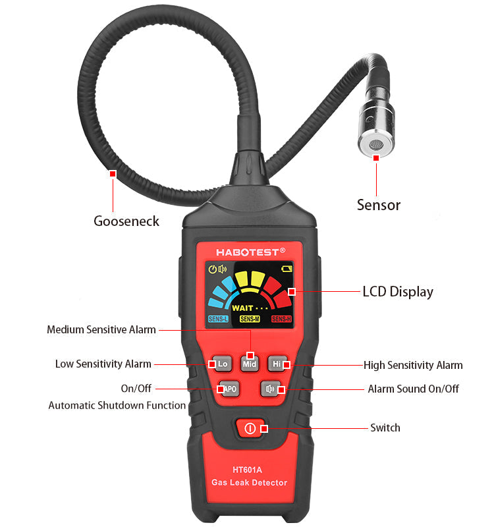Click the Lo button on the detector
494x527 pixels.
223,364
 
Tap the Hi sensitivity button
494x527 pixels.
277,364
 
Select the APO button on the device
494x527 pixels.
229,389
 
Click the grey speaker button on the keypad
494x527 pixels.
271,389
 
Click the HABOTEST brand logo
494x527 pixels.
251,252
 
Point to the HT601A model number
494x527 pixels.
248,470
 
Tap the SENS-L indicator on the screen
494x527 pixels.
218,319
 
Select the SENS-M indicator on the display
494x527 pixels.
250,319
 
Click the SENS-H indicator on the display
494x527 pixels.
281,319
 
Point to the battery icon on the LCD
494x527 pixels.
287,269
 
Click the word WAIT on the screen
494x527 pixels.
242,308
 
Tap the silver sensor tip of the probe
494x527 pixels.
376,144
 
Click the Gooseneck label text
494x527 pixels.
126,221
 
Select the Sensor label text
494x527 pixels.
379,205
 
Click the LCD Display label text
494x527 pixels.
398,292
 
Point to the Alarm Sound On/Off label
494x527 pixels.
414,389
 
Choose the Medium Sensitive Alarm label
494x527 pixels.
101,329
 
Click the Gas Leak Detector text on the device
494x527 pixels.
250,483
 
